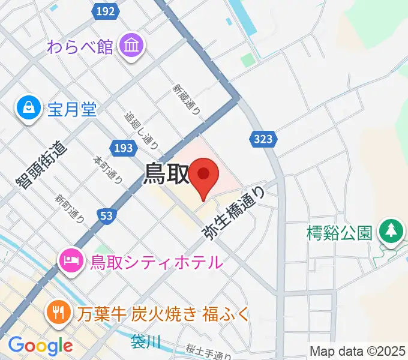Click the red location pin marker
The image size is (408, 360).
[203, 176]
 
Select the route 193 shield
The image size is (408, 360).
[122, 147]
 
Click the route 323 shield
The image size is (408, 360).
[262, 139]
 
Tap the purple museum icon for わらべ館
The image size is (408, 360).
[130, 46]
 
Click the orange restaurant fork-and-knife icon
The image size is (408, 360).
[59, 312]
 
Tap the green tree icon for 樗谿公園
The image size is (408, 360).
[391, 230]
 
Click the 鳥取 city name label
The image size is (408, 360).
[165, 174]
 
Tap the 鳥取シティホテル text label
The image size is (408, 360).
[156, 262]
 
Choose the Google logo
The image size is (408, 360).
[40, 346]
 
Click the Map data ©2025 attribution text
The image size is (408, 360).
[358, 351]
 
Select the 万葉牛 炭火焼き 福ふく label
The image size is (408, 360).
[162, 313]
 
